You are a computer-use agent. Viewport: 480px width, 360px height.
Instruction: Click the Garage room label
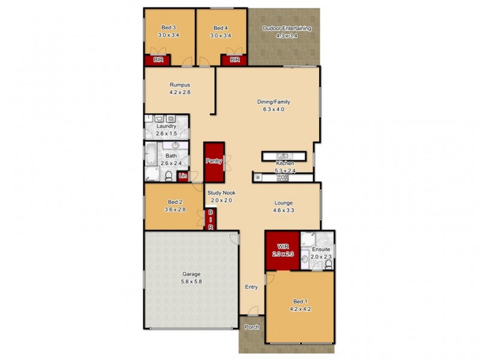191,274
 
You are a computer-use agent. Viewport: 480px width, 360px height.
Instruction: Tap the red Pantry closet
214,161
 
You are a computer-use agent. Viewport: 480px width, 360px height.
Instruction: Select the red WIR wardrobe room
283,250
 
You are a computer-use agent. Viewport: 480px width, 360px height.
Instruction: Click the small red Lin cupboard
182,175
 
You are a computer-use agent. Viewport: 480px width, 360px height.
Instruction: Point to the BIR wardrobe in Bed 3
158,59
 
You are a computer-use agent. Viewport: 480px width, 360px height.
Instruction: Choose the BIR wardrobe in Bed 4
235,59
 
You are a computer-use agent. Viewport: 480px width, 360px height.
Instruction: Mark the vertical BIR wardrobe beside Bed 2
211,220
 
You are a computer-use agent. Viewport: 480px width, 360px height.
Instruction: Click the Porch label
252,327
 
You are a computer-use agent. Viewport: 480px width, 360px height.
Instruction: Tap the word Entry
251,287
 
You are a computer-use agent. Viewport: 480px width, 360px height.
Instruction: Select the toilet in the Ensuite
328,263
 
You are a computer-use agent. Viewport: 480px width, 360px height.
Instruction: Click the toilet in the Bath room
169,176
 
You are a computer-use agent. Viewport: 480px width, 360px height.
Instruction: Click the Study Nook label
221,193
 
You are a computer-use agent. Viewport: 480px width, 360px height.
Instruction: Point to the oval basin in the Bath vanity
176,146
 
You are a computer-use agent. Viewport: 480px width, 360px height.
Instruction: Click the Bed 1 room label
298,301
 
